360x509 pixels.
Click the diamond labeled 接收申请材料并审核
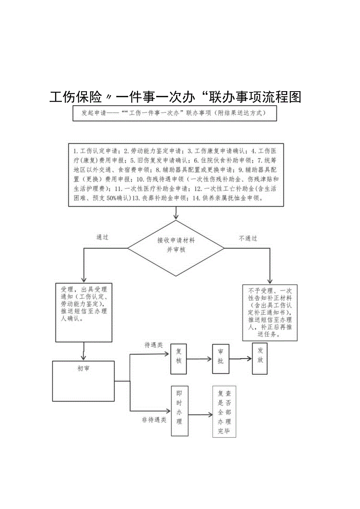tap(176, 248)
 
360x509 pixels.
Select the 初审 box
tap(83, 381)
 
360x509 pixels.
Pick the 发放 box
tap(260, 354)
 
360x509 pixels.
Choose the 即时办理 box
tap(179, 410)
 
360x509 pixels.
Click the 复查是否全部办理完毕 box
tap(224, 411)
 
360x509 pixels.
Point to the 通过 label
tap(102, 237)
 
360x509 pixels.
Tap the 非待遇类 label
tap(154, 421)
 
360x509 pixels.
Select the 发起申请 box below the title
tap(175, 113)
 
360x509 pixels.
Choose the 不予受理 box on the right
tap(270, 313)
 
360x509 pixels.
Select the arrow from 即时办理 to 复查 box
tap(200, 414)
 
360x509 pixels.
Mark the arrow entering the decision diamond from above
tap(176, 213)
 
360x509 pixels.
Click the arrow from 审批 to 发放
tap(241, 358)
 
